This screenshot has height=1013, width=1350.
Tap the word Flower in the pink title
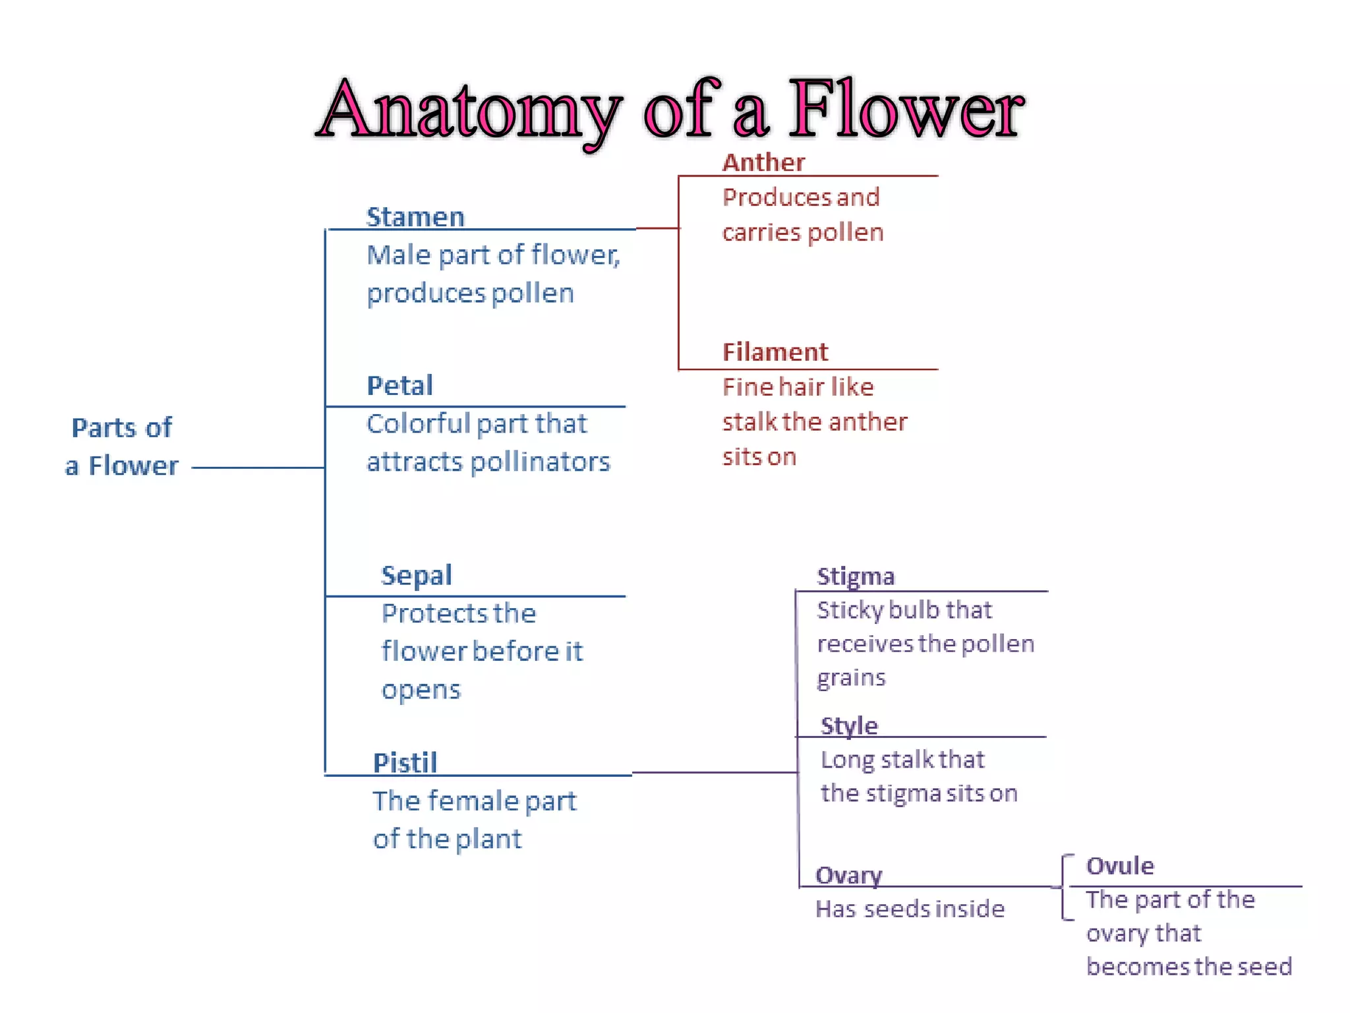(x=906, y=109)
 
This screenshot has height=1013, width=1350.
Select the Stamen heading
(x=415, y=217)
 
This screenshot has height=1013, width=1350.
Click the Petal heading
(x=399, y=386)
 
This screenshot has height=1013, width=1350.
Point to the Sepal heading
(x=417, y=576)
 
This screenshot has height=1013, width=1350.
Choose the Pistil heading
(x=405, y=763)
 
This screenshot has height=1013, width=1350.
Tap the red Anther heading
(x=763, y=162)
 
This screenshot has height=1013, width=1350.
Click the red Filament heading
(x=775, y=352)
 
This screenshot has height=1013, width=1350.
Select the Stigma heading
(x=856, y=576)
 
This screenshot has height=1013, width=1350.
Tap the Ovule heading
(x=1120, y=866)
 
